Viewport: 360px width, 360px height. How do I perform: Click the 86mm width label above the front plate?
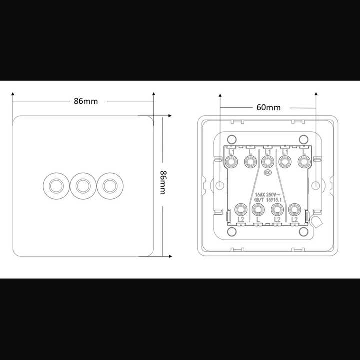click(86, 101)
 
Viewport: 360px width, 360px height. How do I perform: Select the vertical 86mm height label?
click(163, 183)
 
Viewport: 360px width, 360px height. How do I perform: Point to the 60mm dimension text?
click(268, 107)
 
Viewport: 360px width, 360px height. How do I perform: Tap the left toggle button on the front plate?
click(53, 185)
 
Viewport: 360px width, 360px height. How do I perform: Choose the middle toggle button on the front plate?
click(81, 185)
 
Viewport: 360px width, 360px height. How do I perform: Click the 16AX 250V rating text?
click(268, 194)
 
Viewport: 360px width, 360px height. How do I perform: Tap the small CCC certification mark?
click(268, 174)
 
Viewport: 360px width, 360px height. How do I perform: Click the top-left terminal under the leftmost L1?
click(232, 161)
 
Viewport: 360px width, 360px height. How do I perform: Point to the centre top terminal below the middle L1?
click(267, 161)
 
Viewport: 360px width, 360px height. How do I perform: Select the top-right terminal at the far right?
click(303, 161)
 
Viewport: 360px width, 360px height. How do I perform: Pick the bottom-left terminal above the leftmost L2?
click(241, 208)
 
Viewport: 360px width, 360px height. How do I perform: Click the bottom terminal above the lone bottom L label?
click(258, 208)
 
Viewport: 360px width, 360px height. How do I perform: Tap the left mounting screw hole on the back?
click(220, 185)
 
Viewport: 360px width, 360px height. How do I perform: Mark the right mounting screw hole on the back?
click(316, 185)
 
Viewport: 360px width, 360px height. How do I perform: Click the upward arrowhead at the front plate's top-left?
click(13, 93)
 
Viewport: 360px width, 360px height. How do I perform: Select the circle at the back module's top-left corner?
click(231, 139)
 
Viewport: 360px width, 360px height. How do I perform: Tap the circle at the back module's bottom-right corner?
click(303, 231)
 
